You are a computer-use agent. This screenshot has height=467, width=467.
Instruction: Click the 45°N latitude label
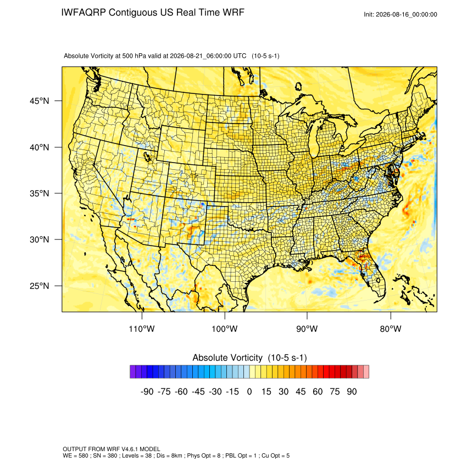40,101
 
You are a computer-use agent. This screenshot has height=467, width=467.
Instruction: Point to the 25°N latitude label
40,286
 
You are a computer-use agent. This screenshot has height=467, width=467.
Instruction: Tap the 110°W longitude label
142,329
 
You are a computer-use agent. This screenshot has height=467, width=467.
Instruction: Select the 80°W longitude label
391,329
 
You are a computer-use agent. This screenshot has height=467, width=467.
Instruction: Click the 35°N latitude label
40,193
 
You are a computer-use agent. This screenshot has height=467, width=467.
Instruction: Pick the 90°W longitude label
307,329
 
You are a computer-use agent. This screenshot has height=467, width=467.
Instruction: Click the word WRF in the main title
234,13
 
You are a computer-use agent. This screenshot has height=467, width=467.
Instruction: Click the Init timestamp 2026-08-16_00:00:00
407,14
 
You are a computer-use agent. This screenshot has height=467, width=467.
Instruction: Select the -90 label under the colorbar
147,391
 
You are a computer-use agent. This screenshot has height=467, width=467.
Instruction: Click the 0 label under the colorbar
249,391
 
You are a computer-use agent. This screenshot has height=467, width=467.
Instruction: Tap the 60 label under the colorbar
318,391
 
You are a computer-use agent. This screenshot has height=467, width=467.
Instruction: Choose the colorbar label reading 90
352,391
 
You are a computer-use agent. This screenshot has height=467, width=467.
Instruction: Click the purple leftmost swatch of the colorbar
132,372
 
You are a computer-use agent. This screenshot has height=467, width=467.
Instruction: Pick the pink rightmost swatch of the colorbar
366,372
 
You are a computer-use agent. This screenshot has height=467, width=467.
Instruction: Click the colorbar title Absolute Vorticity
227,358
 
